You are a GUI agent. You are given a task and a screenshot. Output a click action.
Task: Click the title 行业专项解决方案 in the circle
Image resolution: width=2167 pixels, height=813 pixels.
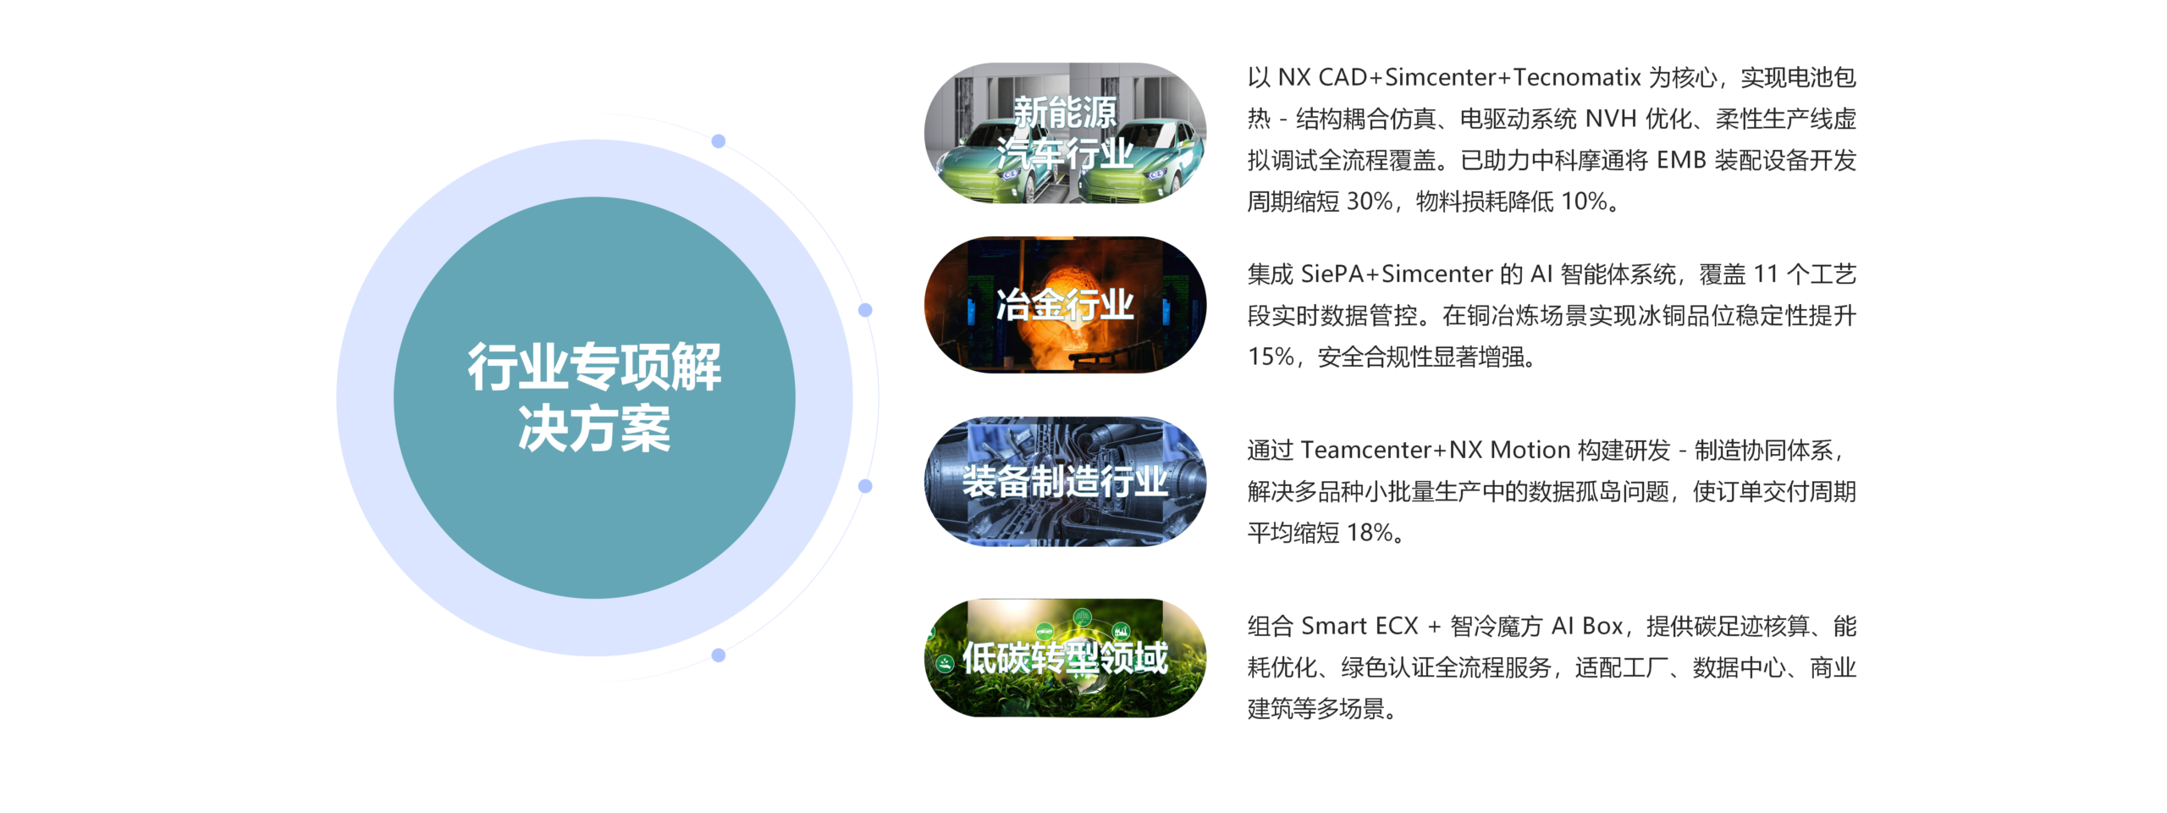click(x=594, y=398)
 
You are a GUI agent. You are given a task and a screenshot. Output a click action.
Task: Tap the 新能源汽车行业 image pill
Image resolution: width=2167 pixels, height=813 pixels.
click(x=1065, y=133)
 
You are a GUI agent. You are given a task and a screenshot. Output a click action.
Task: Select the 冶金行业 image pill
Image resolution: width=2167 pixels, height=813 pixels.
click(x=1065, y=305)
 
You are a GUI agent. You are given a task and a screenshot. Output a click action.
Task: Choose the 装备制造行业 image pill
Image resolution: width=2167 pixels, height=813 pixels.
click(x=1065, y=481)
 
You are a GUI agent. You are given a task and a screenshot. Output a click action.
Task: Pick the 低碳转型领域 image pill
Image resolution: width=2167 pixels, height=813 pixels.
click(x=1065, y=658)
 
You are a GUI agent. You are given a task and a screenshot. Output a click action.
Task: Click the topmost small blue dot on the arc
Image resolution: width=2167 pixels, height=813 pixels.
click(x=719, y=141)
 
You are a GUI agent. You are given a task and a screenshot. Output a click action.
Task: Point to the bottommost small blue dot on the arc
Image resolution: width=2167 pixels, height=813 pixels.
click(x=719, y=655)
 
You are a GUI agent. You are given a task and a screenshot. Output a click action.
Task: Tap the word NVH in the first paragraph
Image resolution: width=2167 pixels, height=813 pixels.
click(x=1611, y=119)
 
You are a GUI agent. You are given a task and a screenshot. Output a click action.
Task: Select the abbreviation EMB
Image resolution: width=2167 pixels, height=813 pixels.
click(x=1681, y=161)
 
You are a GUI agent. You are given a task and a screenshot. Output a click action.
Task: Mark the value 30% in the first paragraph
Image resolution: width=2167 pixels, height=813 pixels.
click(x=1370, y=202)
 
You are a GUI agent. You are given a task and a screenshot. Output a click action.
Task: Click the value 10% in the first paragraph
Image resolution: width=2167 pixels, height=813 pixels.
click(x=1584, y=202)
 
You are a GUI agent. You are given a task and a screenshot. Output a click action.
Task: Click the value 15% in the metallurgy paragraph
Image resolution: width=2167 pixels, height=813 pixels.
click(x=1271, y=357)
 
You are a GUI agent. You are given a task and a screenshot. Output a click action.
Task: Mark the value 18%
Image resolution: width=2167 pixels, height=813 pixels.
click(x=1370, y=533)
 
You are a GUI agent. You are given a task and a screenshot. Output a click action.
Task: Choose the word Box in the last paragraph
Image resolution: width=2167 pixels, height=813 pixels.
click(x=1602, y=626)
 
